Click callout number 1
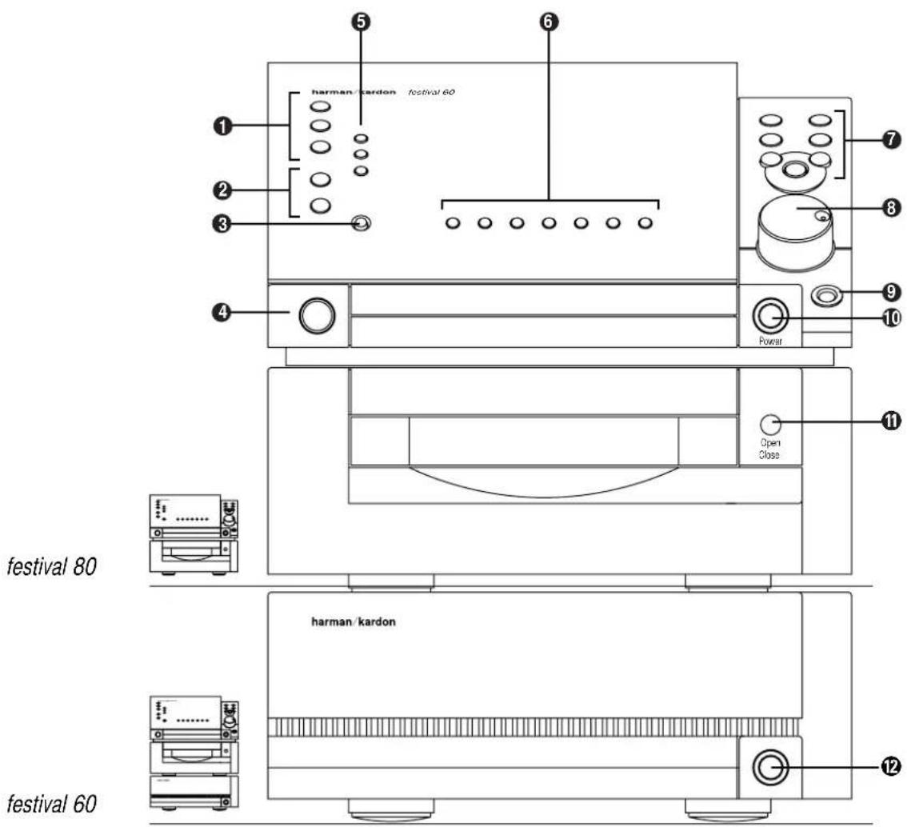tap(222, 126)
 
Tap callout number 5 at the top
tap(361, 22)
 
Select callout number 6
tap(549, 22)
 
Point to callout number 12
tap(891, 766)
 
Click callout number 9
tap(891, 292)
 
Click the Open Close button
tap(770, 425)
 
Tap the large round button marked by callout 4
tap(317, 315)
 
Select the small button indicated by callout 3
tap(361, 223)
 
